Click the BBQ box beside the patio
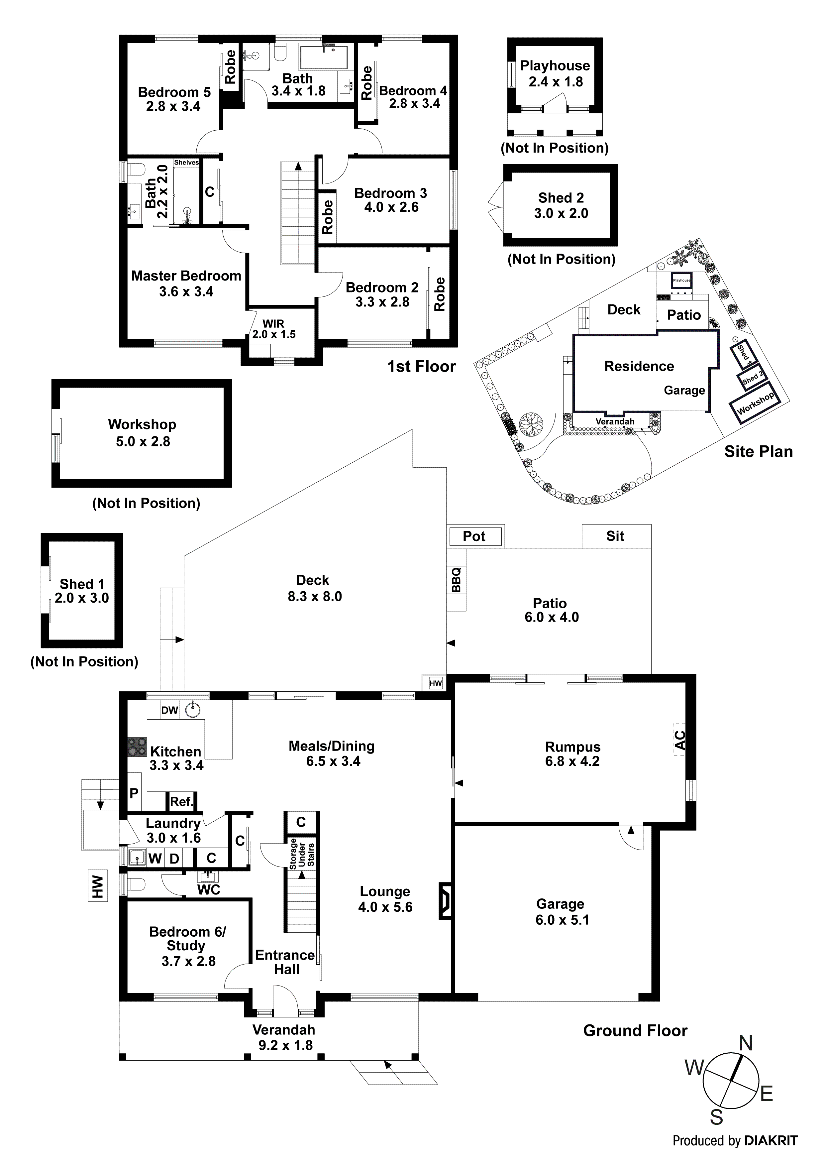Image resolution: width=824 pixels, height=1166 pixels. [456, 580]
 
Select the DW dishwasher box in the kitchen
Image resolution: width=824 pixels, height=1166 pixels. [169, 710]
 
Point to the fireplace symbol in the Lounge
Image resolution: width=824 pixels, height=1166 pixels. [445, 901]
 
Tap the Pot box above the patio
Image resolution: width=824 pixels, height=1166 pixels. [474, 536]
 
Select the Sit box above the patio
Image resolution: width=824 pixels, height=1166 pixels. [615, 536]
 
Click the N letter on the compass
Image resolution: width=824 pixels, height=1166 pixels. [745, 1044]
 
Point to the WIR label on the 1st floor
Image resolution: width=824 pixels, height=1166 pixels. [273, 323]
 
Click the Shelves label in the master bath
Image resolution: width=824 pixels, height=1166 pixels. [186, 163]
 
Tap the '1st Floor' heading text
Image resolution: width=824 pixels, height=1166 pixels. [421, 366]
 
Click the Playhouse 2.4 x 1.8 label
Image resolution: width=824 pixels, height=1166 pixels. [555, 74]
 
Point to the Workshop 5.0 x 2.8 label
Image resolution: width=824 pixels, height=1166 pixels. [142, 433]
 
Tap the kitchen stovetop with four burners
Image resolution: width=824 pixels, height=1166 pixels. [137, 747]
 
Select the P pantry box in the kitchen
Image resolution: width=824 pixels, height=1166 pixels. [134, 793]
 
